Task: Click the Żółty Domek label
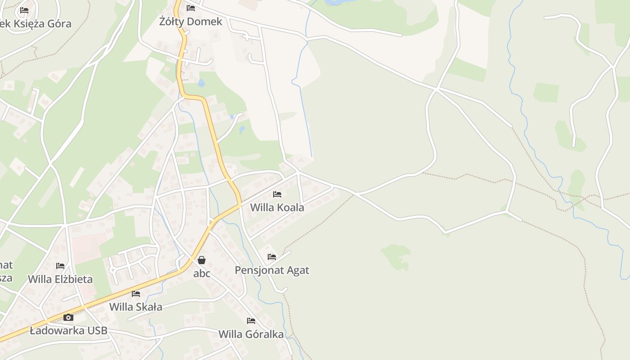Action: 191,22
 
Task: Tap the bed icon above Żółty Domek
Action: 191,8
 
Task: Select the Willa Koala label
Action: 277,207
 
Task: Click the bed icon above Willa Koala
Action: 277,194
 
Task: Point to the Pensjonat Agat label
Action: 272,270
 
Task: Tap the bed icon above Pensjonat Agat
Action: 272,257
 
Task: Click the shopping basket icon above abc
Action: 202,260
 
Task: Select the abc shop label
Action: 202,274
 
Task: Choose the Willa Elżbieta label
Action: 60,279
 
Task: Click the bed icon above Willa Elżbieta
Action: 60,266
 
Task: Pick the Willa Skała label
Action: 136,307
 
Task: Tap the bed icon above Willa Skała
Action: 136,294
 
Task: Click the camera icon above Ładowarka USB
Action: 68,318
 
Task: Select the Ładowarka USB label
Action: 68,331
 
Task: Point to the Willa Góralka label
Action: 251,334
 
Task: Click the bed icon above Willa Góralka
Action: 251,321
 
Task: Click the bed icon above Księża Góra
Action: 24,10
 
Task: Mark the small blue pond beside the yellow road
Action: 201,83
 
